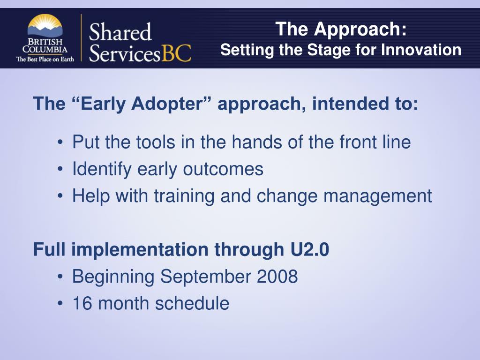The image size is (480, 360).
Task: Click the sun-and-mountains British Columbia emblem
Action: point(45,26)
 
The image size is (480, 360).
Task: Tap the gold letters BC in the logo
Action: point(176,53)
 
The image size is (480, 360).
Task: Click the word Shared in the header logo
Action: point(120,32)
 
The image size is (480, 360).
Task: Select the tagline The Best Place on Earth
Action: point(45,59)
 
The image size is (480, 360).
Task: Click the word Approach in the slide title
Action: point(360,30)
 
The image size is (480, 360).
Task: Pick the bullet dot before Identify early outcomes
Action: point(60,169)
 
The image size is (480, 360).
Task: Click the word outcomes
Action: point(223,169)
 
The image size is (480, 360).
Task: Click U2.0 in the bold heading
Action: point(309,249)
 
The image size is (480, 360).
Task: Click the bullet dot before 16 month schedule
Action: point(60,303)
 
